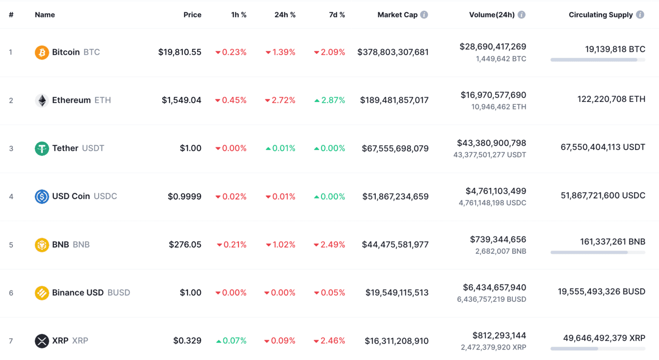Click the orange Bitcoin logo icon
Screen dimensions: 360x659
42,52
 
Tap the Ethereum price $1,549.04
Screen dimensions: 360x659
181,100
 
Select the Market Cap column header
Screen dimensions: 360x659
397,15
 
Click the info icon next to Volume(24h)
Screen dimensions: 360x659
521,15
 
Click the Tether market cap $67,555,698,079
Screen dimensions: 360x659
395,149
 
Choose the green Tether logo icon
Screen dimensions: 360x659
42,149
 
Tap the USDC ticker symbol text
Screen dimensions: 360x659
105,196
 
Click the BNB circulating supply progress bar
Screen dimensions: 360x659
598,252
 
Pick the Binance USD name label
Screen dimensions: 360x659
78,293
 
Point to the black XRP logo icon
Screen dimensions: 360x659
42,341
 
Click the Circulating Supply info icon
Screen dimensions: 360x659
640,15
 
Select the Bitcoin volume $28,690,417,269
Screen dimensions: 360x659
493,47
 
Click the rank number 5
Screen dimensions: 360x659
11,245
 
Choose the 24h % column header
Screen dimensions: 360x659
285,15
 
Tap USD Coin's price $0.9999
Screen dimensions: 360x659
184,197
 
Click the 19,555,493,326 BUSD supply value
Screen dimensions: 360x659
601,291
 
